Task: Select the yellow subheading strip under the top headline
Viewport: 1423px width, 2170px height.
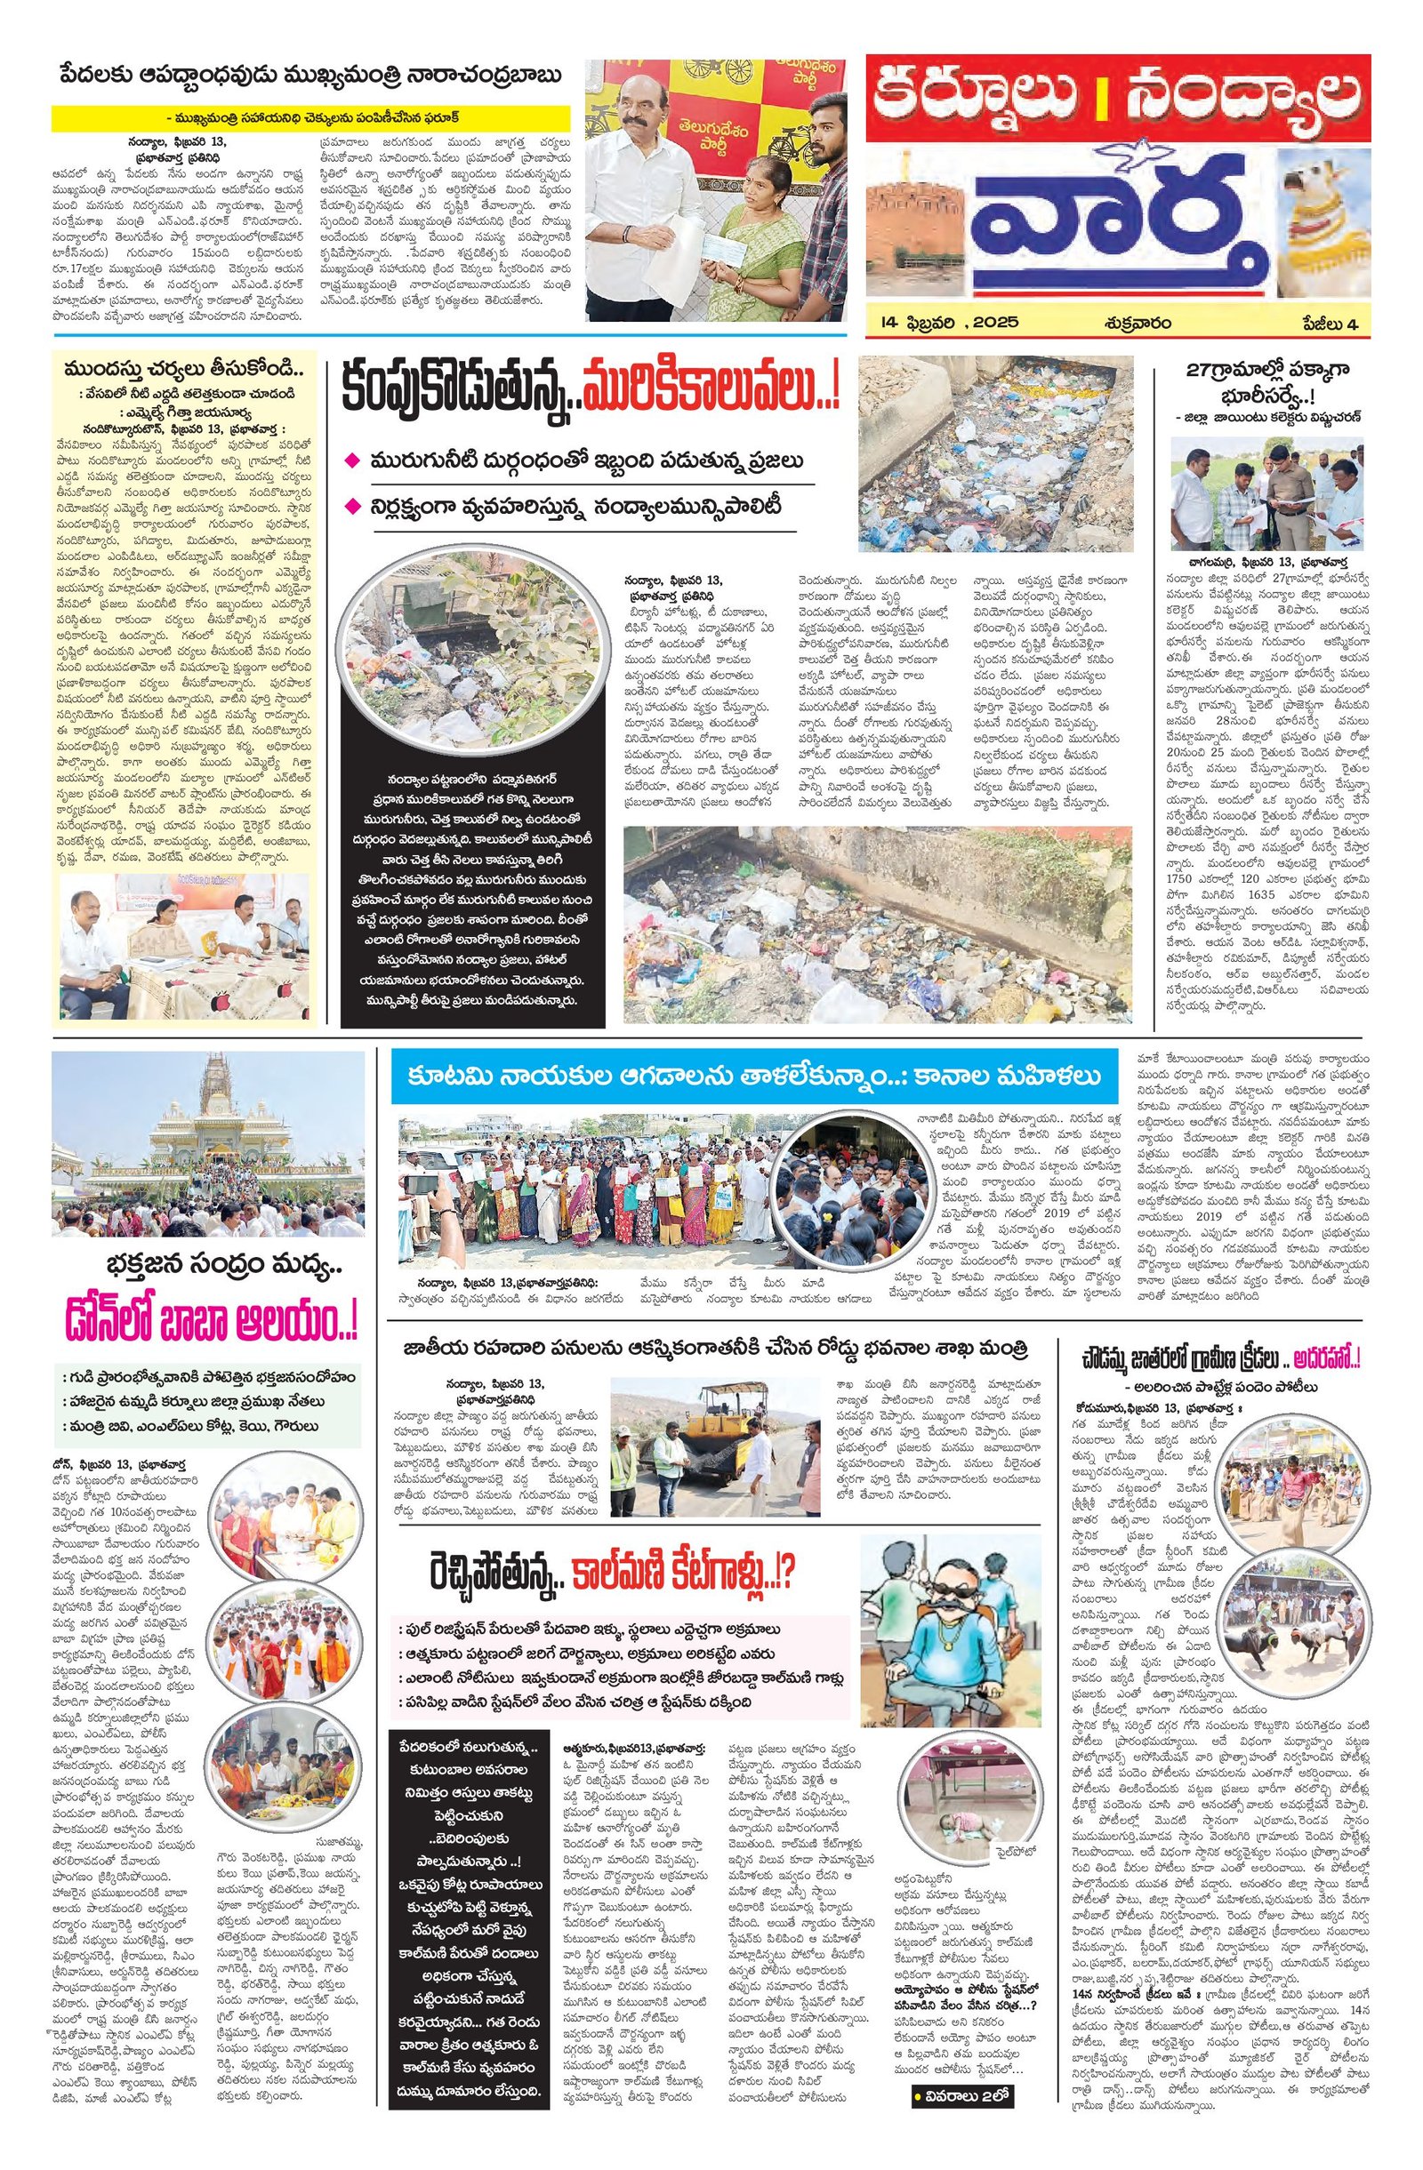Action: pos(311,117)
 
